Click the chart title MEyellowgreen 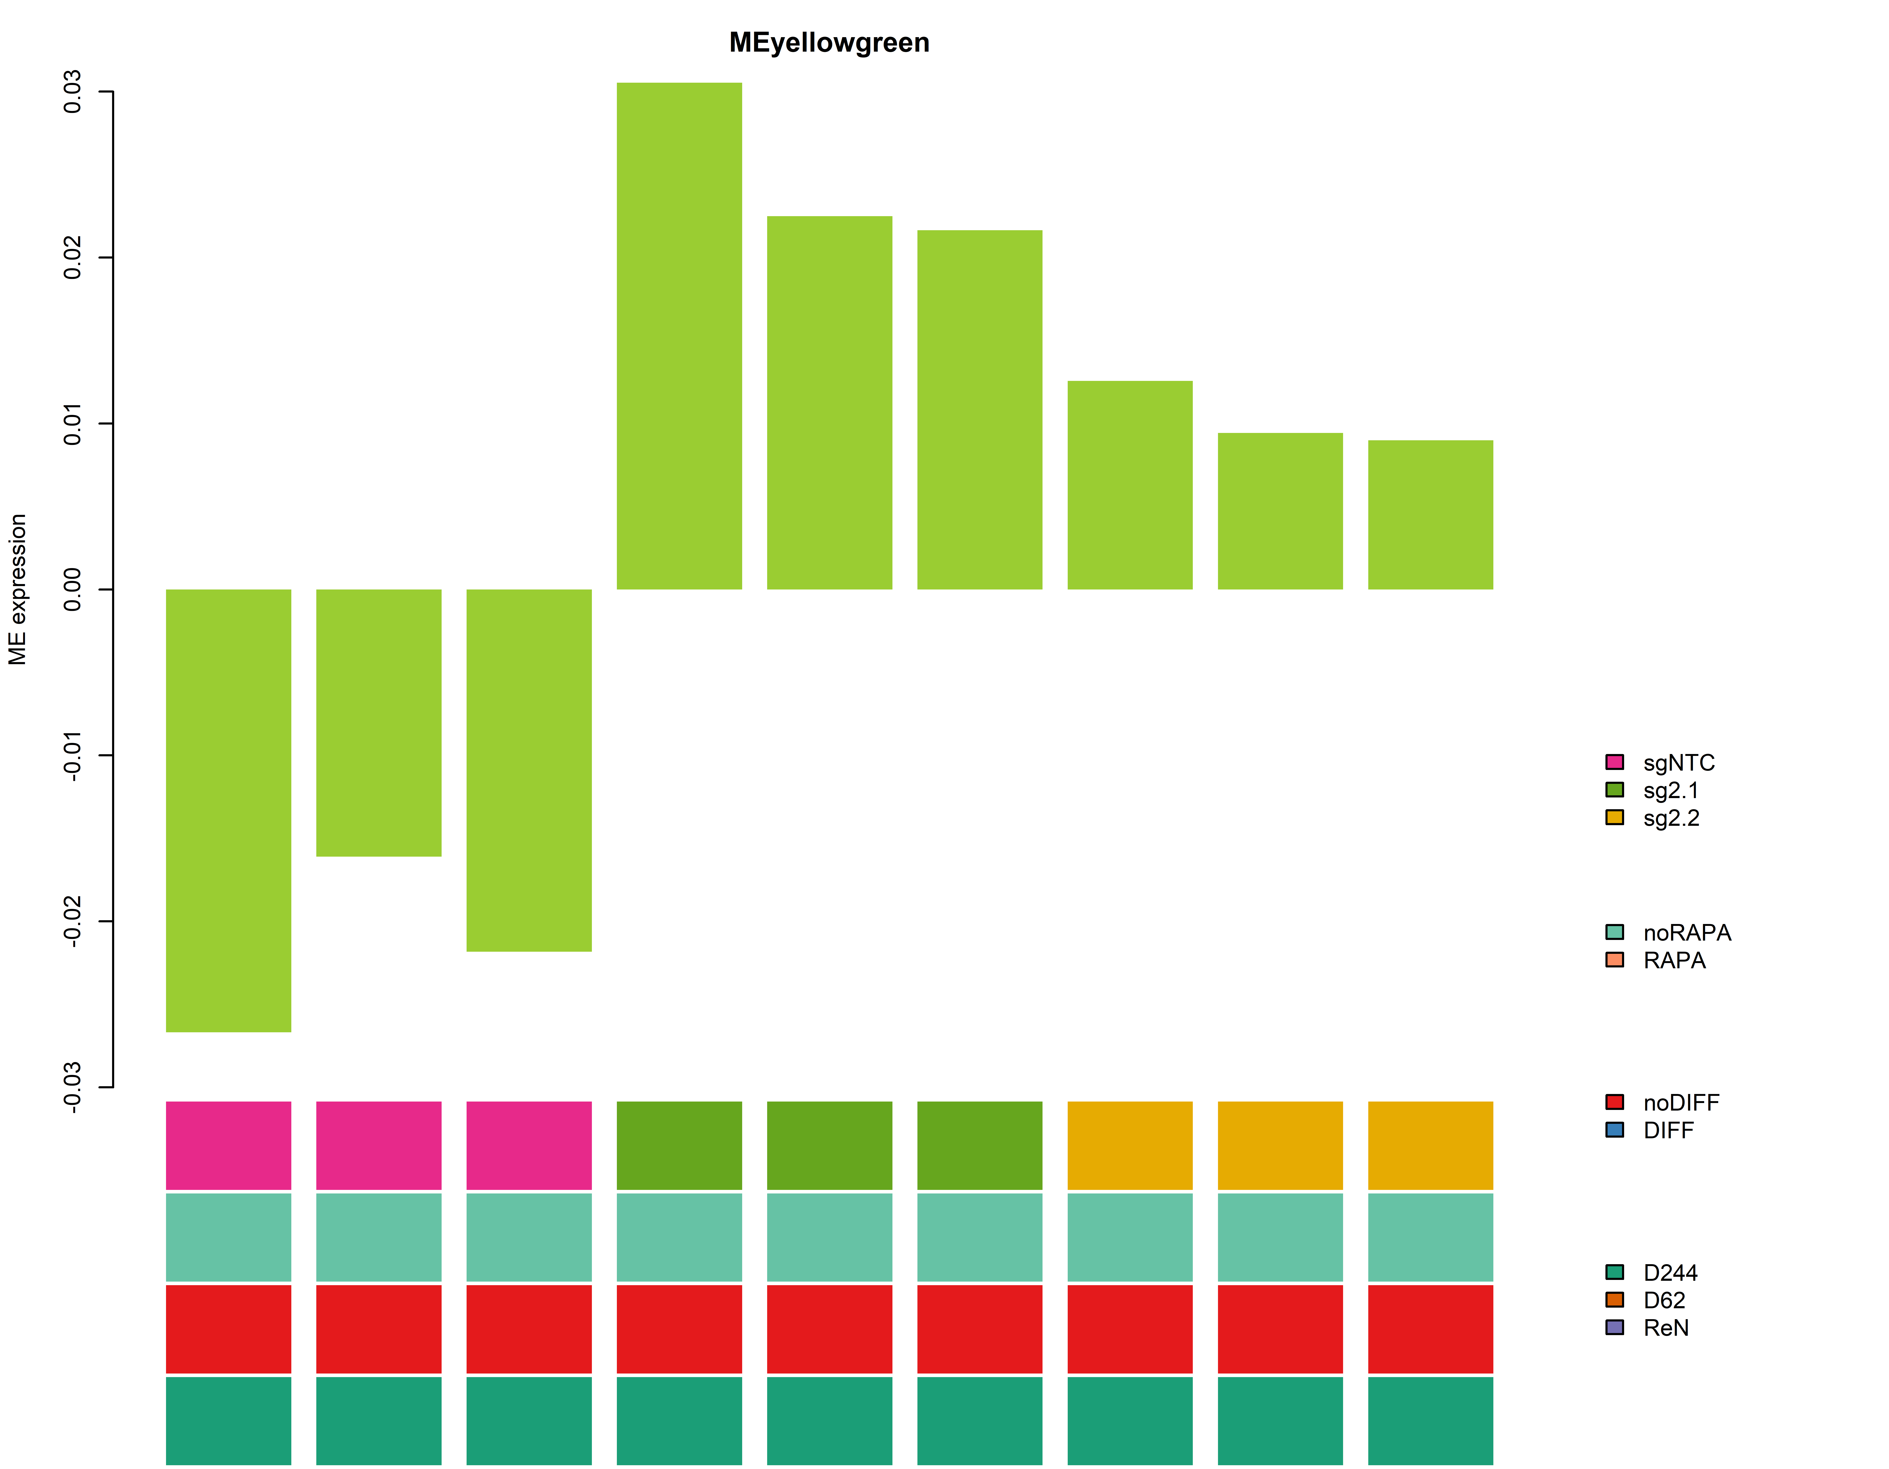tap(829, 42)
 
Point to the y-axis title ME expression tap(18, 590)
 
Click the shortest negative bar tap(379, 723)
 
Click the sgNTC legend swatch tap(1614, 762)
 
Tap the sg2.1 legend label tap(1670, 790)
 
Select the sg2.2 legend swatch tap(1614, 817)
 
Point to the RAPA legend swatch tap(1614, 960)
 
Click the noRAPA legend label tap(1687, 933)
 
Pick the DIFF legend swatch tap(1614, 1130)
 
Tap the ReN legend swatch tap(1614, 1327)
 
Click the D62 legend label tap(1664, 1300)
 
